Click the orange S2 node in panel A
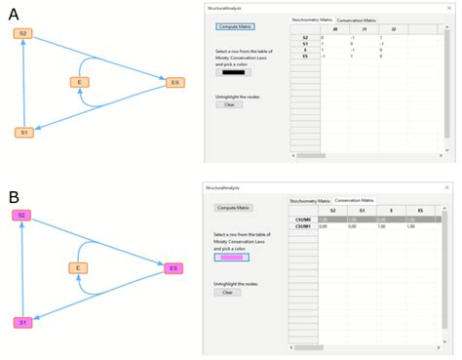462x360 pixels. click(23, 34)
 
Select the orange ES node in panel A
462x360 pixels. click(174, 83)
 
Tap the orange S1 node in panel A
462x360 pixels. click(23, 132)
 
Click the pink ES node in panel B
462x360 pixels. click(173, 267)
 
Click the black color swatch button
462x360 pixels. click(234, 72)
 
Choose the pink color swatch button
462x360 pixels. click(234, 258)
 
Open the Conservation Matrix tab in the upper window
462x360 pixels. click(357, 20)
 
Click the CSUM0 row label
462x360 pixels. click(303, 220)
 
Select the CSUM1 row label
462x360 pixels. click(303, 226)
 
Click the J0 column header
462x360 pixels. click(335, 29)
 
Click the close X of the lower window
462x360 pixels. click(447, 186)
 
